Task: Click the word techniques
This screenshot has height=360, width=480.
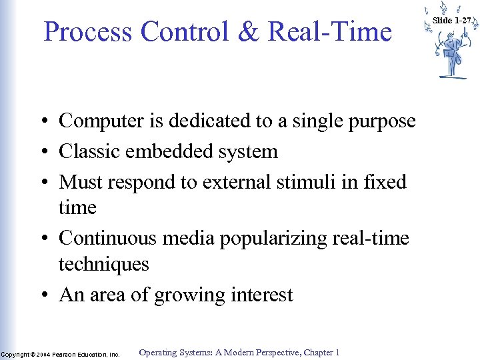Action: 104,264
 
